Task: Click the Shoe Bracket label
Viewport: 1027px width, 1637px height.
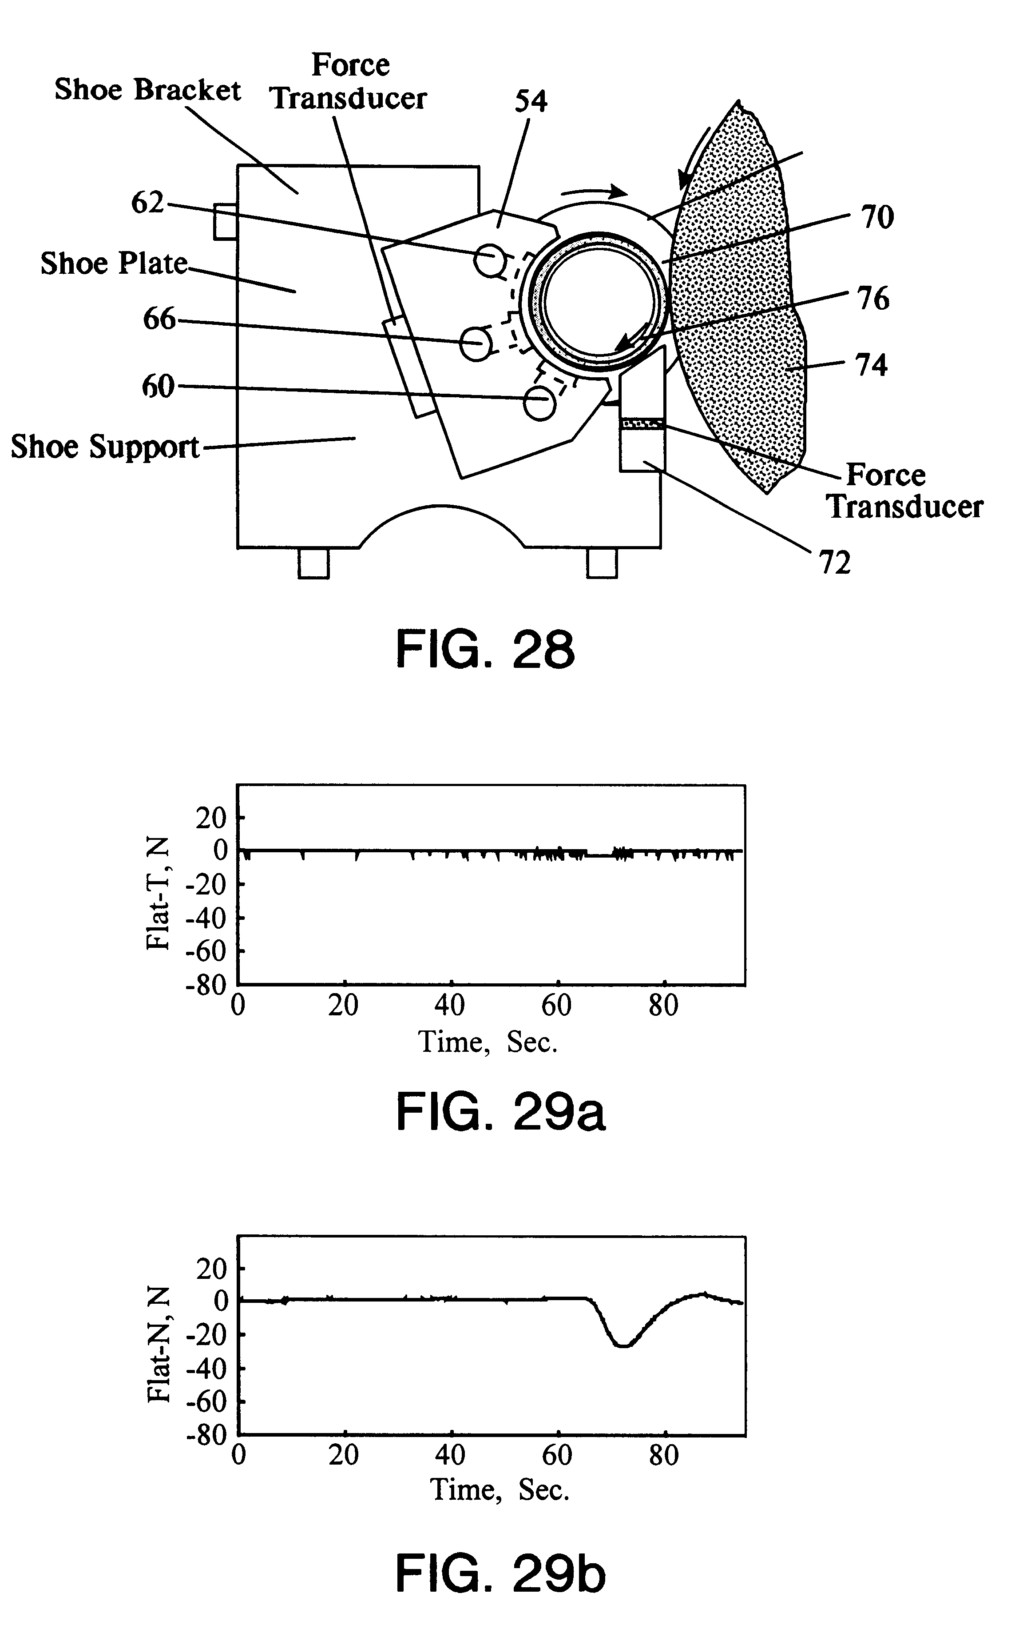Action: click(147, 90)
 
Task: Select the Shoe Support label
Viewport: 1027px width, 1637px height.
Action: click(105, 447)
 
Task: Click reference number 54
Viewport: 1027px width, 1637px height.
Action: click(531, 101)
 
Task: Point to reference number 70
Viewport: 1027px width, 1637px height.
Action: click(877, 217)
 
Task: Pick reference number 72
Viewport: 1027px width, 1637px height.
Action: click(834, 563)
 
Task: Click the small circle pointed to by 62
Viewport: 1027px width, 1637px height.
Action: click(490, 260)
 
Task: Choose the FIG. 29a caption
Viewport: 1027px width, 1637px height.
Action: click(500, 1112)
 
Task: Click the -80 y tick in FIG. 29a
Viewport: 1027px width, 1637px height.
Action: click(206, 984)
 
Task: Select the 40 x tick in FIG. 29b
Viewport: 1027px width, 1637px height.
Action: click(450, 1455)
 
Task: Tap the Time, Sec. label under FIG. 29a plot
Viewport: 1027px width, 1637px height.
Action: click(488, 1042)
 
